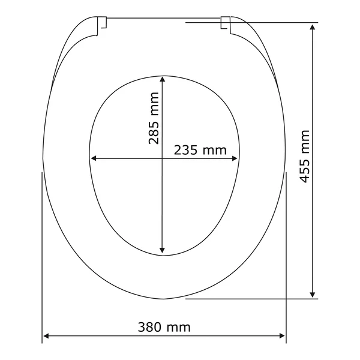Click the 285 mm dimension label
(x=154, y=118)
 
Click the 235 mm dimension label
(x=200, y=150)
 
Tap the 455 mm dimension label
(x=305, y=157)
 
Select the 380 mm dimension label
(x=164, y=327)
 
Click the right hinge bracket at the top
(x=226, y=25)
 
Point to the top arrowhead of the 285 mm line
(x=163, y=79)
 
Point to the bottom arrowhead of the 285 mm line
(x=162, y=250)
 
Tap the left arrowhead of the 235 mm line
(x=94, y=158)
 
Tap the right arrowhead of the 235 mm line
(x=235, y=158)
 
